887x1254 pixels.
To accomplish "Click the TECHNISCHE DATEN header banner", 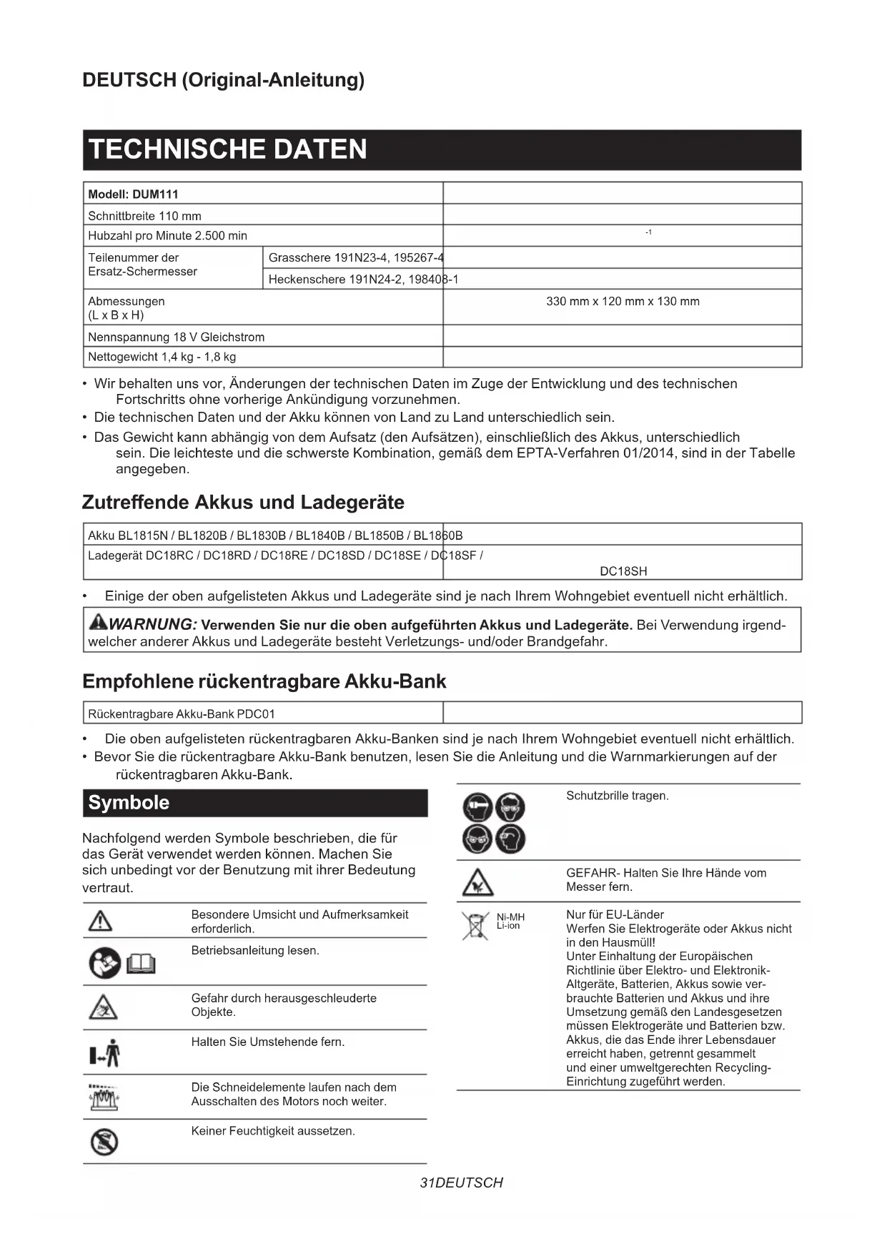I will click(x=442, y=149).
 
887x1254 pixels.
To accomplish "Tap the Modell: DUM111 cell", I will click(x=134, y=194).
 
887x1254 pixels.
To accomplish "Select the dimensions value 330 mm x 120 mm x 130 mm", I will click(x=623, y=302).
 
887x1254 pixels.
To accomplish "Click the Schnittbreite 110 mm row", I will click(x=145, y=216).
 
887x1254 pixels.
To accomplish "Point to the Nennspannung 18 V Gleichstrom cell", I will click(x=177, y=337).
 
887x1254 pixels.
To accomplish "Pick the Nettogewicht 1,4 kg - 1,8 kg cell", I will click(x=162, y=357).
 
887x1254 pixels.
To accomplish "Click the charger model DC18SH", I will click(x=623, y=571).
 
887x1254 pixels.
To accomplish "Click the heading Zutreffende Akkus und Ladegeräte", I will click(x=243, y=503).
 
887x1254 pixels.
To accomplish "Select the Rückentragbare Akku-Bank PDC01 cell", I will click(x=182, y=714).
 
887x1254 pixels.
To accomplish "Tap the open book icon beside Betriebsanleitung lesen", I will click(x=141, y=964).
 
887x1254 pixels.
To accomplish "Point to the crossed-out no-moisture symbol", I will click(x=104, y=1142).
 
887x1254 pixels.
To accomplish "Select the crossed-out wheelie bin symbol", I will click(x=474, y=926).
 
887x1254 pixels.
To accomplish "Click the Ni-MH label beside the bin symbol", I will click(x=510, y=917).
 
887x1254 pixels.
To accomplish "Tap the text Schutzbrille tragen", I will click(x=618, y=796).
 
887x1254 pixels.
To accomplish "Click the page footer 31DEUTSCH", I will click(x=462, y=1183).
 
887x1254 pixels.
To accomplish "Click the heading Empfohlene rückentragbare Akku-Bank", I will click(x=264, y=681).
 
